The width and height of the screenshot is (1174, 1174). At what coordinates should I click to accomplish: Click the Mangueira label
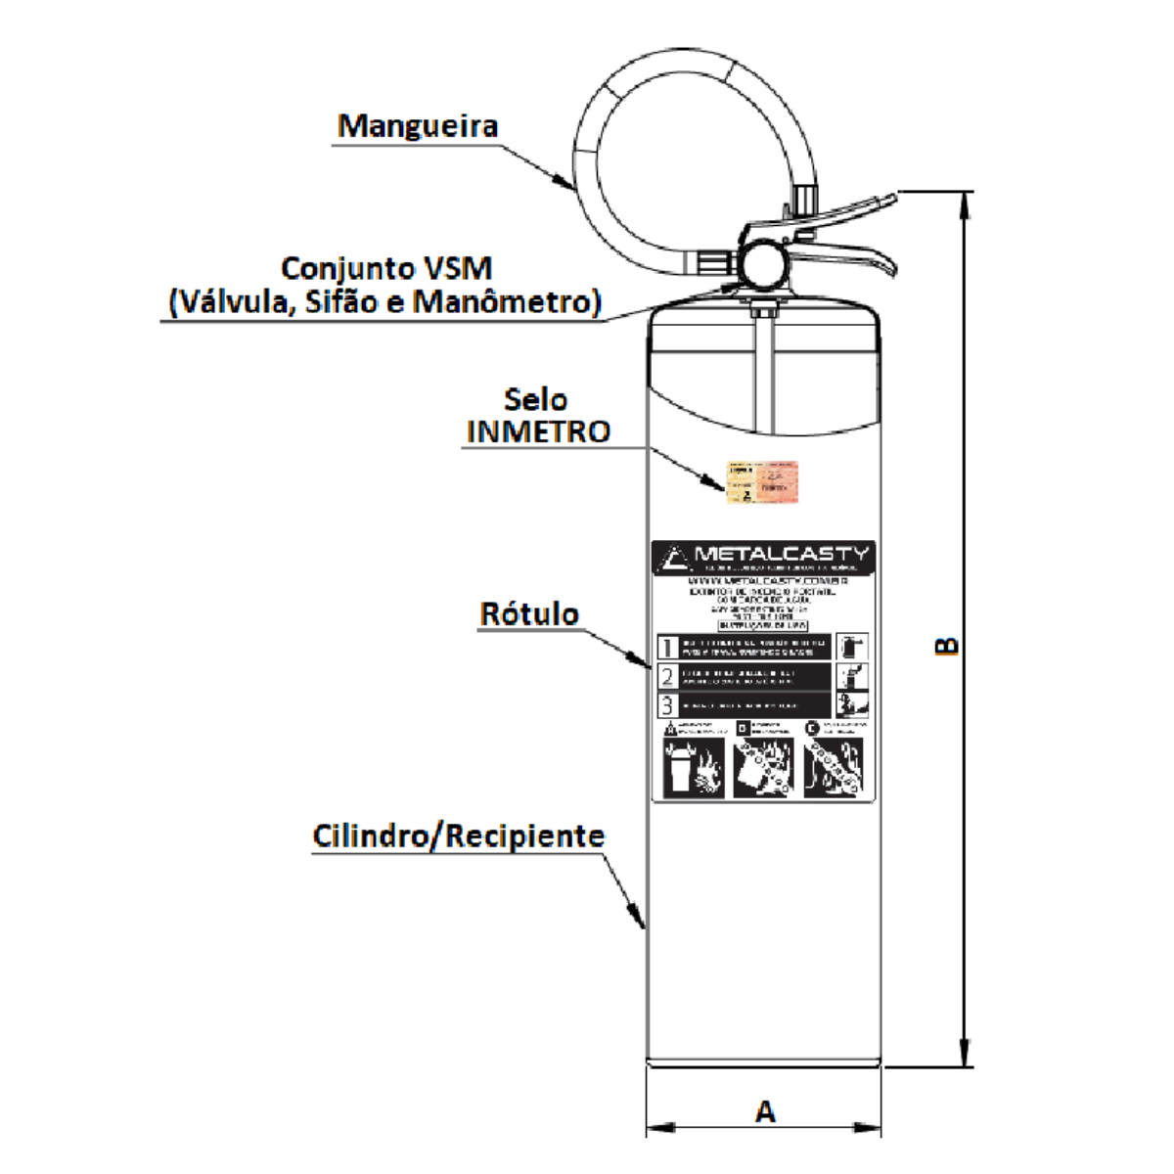[418, 126]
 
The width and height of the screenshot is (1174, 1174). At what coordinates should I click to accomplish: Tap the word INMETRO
[539, 431]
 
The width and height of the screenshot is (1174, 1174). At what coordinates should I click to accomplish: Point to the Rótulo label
[529, 614]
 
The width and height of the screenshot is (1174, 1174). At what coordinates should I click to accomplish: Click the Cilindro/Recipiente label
[458, 836]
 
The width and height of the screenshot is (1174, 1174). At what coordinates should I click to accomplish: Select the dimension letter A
[765, 1111]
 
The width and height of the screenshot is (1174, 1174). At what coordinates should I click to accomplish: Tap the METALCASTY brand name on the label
[781, 554]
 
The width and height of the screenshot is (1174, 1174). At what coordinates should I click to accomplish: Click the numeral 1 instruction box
[668, 648]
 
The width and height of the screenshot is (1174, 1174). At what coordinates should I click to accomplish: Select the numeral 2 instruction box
[668, 676]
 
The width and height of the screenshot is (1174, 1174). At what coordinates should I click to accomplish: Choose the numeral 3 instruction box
[668, 704]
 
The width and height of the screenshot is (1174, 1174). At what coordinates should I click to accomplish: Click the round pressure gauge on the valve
[762, 261]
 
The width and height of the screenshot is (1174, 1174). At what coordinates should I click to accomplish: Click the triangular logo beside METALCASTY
[674, 558]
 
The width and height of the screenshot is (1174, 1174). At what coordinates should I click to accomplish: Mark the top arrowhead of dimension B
[965, 200]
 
